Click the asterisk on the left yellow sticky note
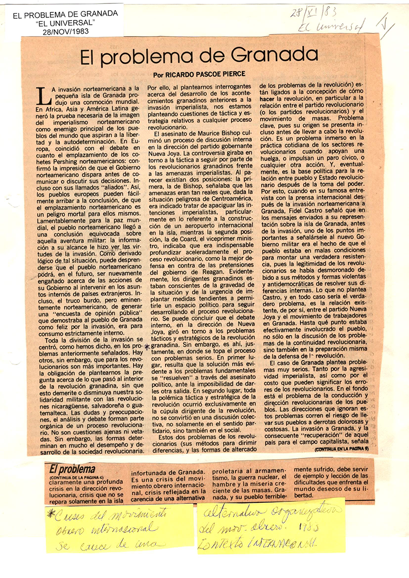pos(50,513)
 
